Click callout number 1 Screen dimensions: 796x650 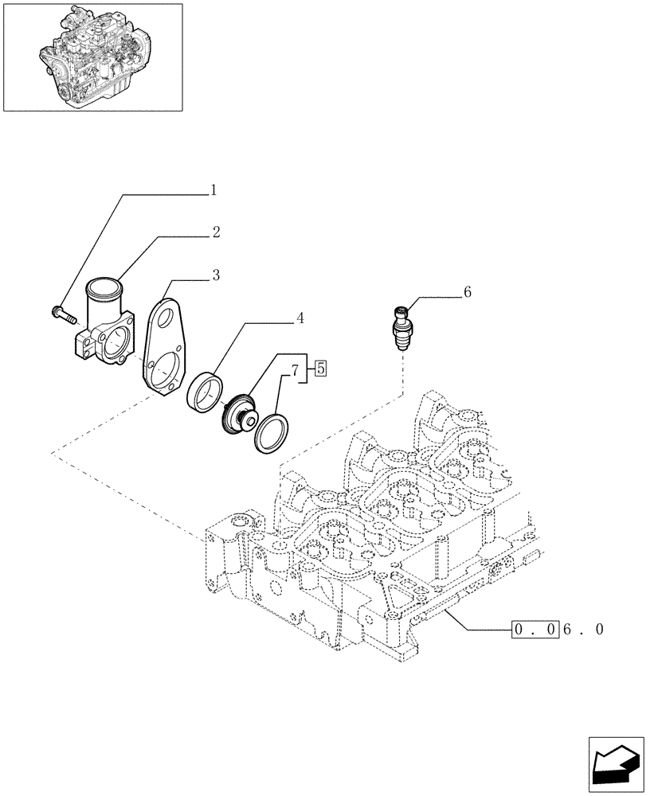pyautogui.click(x=213, y=190)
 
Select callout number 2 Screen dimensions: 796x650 pyautogui.click(x=216, y=232)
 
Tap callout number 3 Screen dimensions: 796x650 pyautogui.click(x=216, y=275)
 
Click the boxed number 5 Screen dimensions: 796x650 pyautogui.click(x=320, y=368)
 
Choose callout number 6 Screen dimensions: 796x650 pyautogui.click(x=467, y=292)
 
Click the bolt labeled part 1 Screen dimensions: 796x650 pyautogui.click(x=61, y=314)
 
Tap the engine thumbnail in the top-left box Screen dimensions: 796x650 pyautogui.click(x=92, y=56)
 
